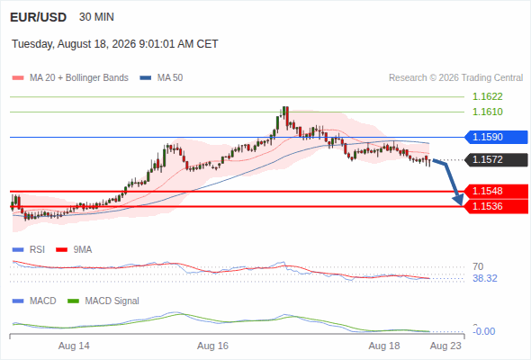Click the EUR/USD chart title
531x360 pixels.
pyautogui.click(x=38, y=17)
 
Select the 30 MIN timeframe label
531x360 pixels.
pyautogui.click(x=96, y=17)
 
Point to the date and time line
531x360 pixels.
pyautogui.click(x=115, y=44)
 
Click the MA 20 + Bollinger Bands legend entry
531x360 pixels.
pyautogui.click(x=70, y=78)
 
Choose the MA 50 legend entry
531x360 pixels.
pyautogui.click(x=161, y=78)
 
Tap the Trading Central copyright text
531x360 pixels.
pyautogui.click(x=455, y=78)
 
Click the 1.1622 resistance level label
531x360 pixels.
pyautogui.click(x=487, y=96)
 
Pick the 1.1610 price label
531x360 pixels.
pyautogui.click(x=487, y=112)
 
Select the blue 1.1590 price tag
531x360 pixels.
pyautogui.click(x=496, y=137)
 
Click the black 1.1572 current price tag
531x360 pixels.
pyautogui.click(x=496, y=159)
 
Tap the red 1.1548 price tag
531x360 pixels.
pyautogui.click(x=496, y=191)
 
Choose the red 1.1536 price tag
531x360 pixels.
pyautogui.click(x=496, y=206)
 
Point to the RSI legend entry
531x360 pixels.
pyautogui.click(x=29, y=249)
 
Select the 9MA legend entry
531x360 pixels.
pyautogui.click(x=74, y=249)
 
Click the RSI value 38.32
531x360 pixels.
pyautogui.click(x=485, y=278)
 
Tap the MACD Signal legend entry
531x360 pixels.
pyautogui.click(x=103, y=301)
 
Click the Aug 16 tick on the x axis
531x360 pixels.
pyautogui.click(x=212, y=346)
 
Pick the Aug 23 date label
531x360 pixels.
pyautogui.click(x=445, y=346)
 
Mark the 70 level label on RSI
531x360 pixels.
pyautogui.click(x=478, y=266)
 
